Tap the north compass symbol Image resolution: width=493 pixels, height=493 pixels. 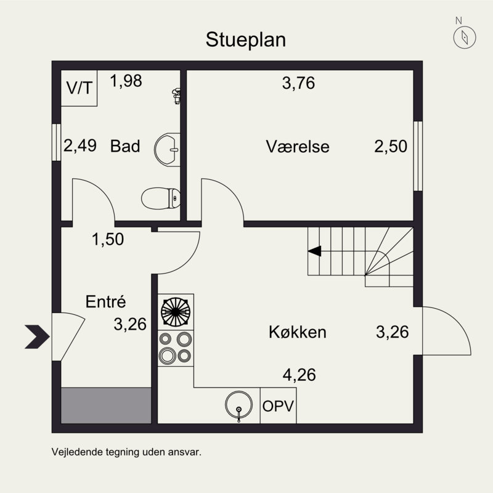462,38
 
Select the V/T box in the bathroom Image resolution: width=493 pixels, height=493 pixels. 80,88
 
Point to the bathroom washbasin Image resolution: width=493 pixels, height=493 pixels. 167,147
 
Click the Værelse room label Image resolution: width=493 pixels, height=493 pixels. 298,147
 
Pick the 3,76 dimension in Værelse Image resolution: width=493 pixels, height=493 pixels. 298,83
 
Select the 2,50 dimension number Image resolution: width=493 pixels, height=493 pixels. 391,147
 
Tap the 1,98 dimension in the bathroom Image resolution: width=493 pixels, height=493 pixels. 126,81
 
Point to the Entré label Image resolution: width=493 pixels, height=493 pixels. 105,302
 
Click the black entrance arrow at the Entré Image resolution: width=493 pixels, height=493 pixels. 37,336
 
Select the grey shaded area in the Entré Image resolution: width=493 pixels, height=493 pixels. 106,405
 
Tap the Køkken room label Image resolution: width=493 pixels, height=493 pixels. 297,333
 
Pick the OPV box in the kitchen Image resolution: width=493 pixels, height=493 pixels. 278,406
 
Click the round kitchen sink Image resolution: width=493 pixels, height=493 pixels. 239,405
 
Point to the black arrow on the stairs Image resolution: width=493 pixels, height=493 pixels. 315,251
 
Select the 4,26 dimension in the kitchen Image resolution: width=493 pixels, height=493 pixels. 299,374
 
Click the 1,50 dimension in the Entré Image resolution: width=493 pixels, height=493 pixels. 108,239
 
